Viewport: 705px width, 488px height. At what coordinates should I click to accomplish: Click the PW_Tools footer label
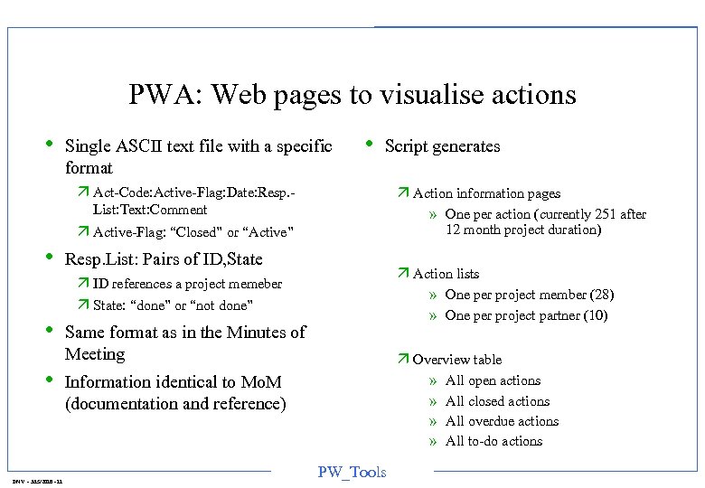pos(352,472)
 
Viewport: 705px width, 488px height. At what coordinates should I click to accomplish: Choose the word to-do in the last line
pos(484,441)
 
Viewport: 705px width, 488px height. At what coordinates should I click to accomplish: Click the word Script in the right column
pos(406,146)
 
